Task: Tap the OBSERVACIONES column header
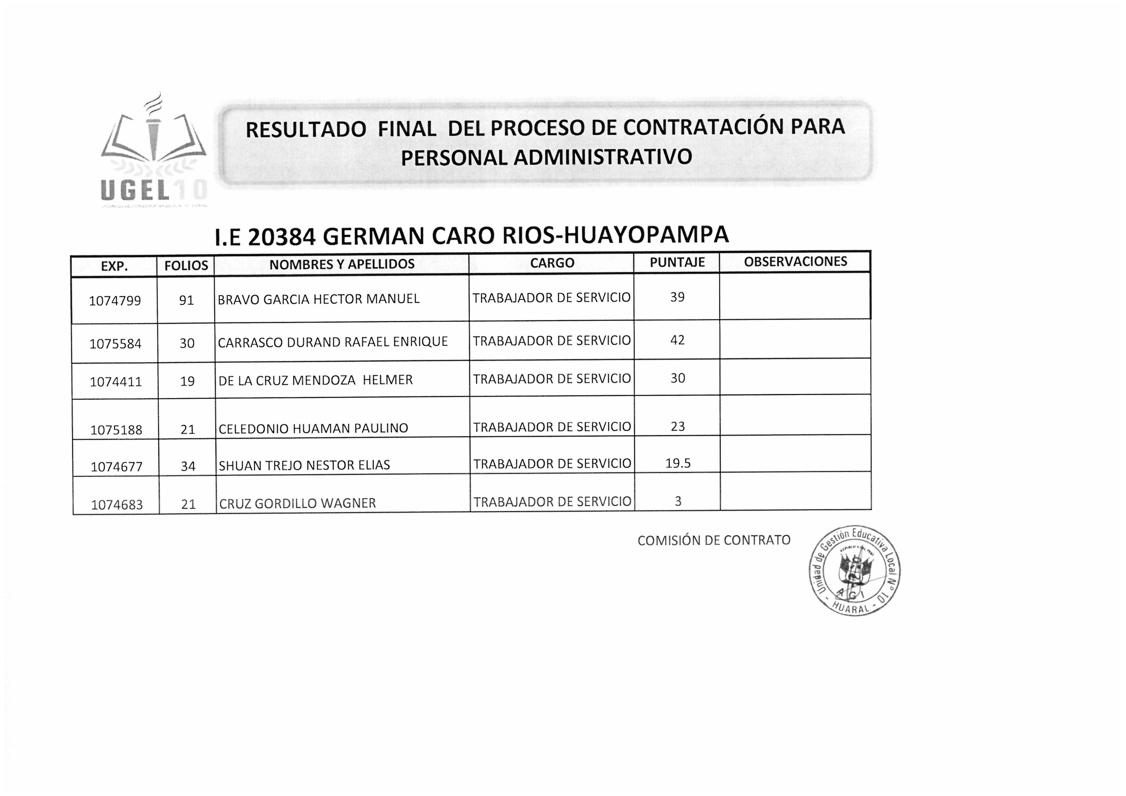795,261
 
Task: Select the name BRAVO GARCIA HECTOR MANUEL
319,299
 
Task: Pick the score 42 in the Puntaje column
677,340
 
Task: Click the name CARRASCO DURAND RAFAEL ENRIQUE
333,342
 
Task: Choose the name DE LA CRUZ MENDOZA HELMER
315,380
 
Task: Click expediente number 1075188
116,430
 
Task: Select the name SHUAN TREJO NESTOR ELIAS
304,465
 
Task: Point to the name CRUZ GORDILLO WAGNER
297,503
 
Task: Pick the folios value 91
186,300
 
